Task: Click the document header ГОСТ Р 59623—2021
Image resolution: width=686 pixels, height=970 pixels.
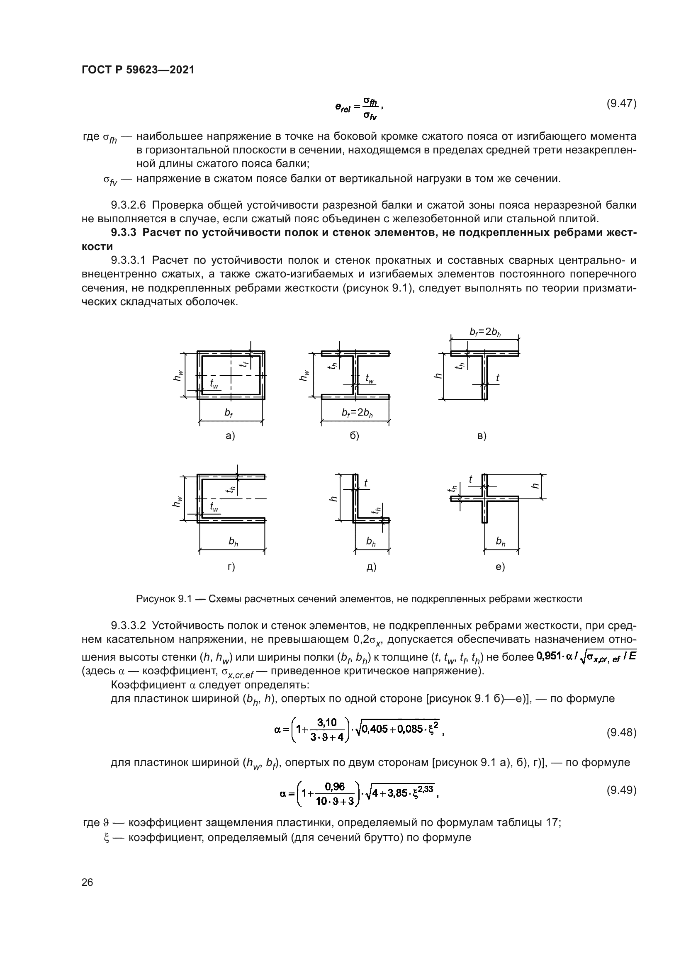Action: (138, 70)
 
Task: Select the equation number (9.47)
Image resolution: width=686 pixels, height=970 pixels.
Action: (621, 104)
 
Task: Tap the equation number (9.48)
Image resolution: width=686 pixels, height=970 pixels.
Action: (621, 732)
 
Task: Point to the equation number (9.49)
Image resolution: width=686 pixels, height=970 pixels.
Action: (621, 790)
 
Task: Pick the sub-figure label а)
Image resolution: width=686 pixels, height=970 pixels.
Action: (230, 435)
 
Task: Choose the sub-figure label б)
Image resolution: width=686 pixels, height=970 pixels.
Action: (354, 435)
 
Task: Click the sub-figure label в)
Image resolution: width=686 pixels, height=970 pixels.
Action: (482, 435)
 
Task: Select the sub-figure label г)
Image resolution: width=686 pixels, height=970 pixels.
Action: (231, 566)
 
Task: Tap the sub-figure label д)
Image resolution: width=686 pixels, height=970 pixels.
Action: (371, 566)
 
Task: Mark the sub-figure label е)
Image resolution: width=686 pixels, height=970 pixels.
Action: (500, 566)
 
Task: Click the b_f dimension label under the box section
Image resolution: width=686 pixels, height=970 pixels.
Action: (229, 413)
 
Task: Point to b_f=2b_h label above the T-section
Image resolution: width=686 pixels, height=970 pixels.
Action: (485, 332)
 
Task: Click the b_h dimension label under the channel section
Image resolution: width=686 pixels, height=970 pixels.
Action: (233, 541)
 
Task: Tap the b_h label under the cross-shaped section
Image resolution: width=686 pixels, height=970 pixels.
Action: (501, 541)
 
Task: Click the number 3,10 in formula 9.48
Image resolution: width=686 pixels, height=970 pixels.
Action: (326, 723)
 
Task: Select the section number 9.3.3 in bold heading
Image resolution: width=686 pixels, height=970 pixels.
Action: (124, 233)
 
